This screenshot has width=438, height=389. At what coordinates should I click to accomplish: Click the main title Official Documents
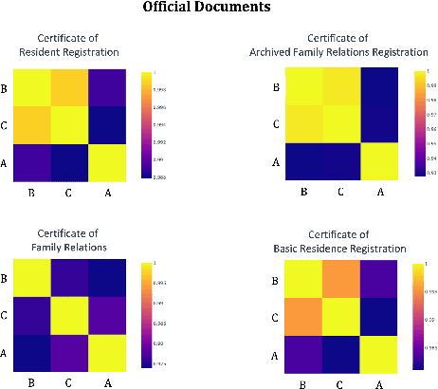[219, 9]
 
